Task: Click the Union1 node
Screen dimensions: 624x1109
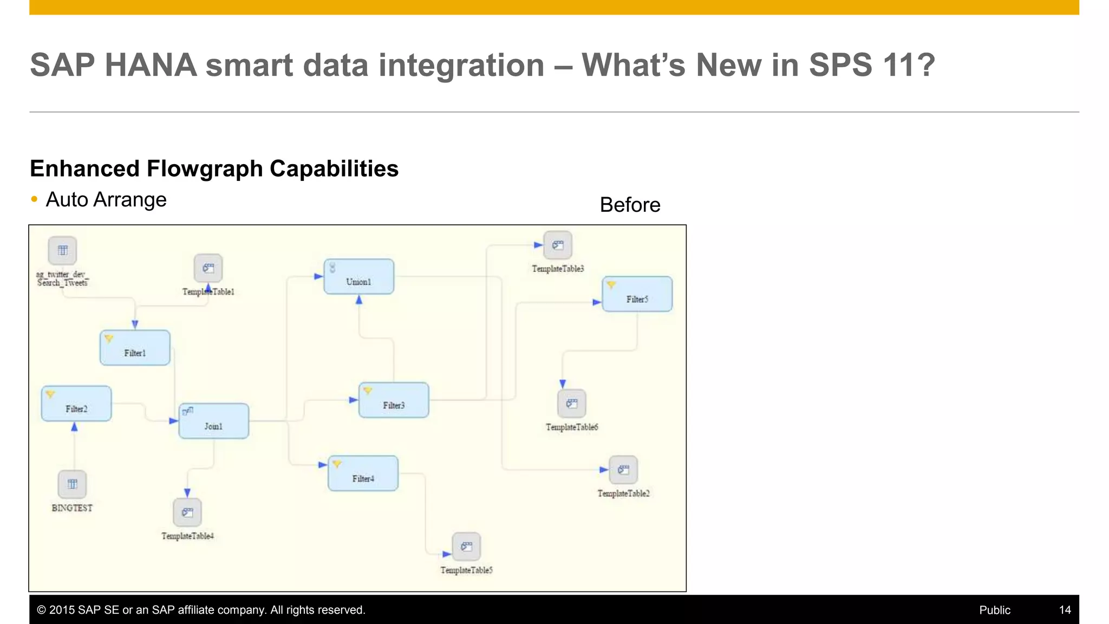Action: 358,277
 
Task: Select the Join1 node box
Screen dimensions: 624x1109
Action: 213,421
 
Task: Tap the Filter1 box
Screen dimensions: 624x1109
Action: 135,348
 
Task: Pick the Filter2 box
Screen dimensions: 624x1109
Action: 76,404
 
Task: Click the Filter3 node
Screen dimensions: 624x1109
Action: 394,400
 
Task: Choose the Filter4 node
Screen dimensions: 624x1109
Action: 363,473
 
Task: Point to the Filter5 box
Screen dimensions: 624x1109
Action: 637,294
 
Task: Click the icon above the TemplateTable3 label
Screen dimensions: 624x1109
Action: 558,245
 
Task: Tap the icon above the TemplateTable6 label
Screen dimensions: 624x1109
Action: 572,404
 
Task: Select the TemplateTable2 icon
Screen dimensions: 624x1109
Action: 623,470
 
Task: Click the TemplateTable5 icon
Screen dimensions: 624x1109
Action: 466,547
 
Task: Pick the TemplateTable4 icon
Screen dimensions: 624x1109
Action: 187,512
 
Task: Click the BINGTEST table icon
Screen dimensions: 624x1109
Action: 72,484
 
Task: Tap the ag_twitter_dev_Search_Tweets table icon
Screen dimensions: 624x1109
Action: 63,250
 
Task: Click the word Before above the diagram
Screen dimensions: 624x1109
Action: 630,205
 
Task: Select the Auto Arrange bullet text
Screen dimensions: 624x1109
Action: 106,200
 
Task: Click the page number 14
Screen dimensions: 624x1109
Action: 1065,610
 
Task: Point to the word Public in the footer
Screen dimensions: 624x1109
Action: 994,610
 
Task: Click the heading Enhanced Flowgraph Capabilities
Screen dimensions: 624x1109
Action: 214,169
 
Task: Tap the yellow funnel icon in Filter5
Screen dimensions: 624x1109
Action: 611,284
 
